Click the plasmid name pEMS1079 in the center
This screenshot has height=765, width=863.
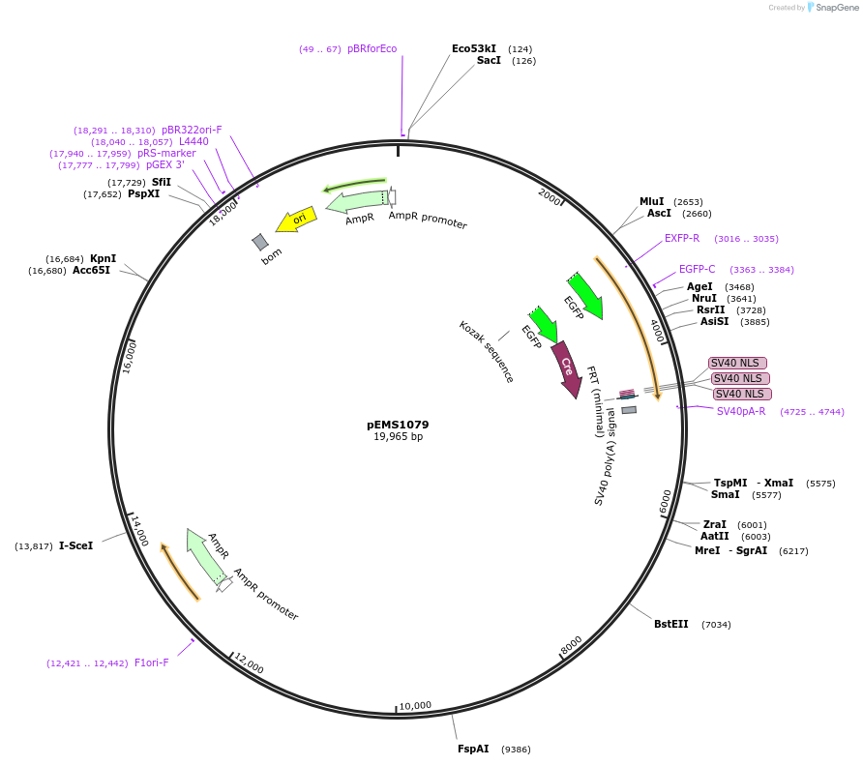398,425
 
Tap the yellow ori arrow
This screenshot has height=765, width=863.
297,220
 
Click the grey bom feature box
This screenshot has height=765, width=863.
260,242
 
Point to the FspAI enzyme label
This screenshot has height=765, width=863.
473,749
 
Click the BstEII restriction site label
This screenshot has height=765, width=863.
670,624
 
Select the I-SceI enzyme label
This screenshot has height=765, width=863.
76,545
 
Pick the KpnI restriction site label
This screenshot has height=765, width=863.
103,258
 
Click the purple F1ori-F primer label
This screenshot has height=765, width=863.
152,662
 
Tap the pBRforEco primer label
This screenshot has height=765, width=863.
372,48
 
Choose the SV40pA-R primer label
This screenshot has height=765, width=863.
741,411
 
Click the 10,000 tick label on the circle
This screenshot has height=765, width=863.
415,705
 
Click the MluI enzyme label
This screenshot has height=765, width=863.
651,201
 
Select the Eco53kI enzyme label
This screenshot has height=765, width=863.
474,48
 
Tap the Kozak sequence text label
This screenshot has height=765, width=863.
486,351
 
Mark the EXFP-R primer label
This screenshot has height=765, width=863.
682,238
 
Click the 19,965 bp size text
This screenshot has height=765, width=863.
398,437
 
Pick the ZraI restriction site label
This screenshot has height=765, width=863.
715,523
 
